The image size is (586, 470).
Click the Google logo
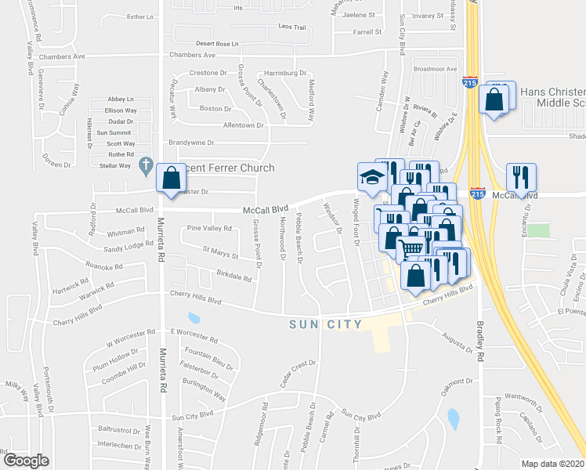click(26, 461)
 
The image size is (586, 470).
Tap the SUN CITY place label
click(325, 324)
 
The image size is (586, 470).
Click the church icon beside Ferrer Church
click(145, 166)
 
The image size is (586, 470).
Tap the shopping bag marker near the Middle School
click(494, 99)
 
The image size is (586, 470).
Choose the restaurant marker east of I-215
click(517, 176)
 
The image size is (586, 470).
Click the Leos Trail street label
click(291, 27)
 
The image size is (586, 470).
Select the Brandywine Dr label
click(191, 143)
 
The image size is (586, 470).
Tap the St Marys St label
click(220, 252)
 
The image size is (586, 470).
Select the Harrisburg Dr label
click(284, 73)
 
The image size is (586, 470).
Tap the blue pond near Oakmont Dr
click(453, 419)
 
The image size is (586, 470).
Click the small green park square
click(537, 230)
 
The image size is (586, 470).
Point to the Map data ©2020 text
click(553, 464)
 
